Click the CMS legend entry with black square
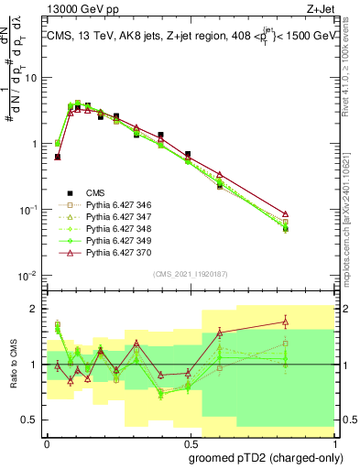point(96,193)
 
